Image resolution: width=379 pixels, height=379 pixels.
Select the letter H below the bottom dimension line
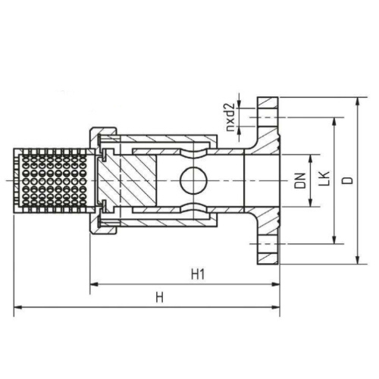[159, 298]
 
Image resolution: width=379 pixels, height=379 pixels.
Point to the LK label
[322, 180]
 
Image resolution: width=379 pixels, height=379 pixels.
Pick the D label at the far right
[346, 180]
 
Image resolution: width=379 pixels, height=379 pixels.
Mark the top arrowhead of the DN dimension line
[311, 158]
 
